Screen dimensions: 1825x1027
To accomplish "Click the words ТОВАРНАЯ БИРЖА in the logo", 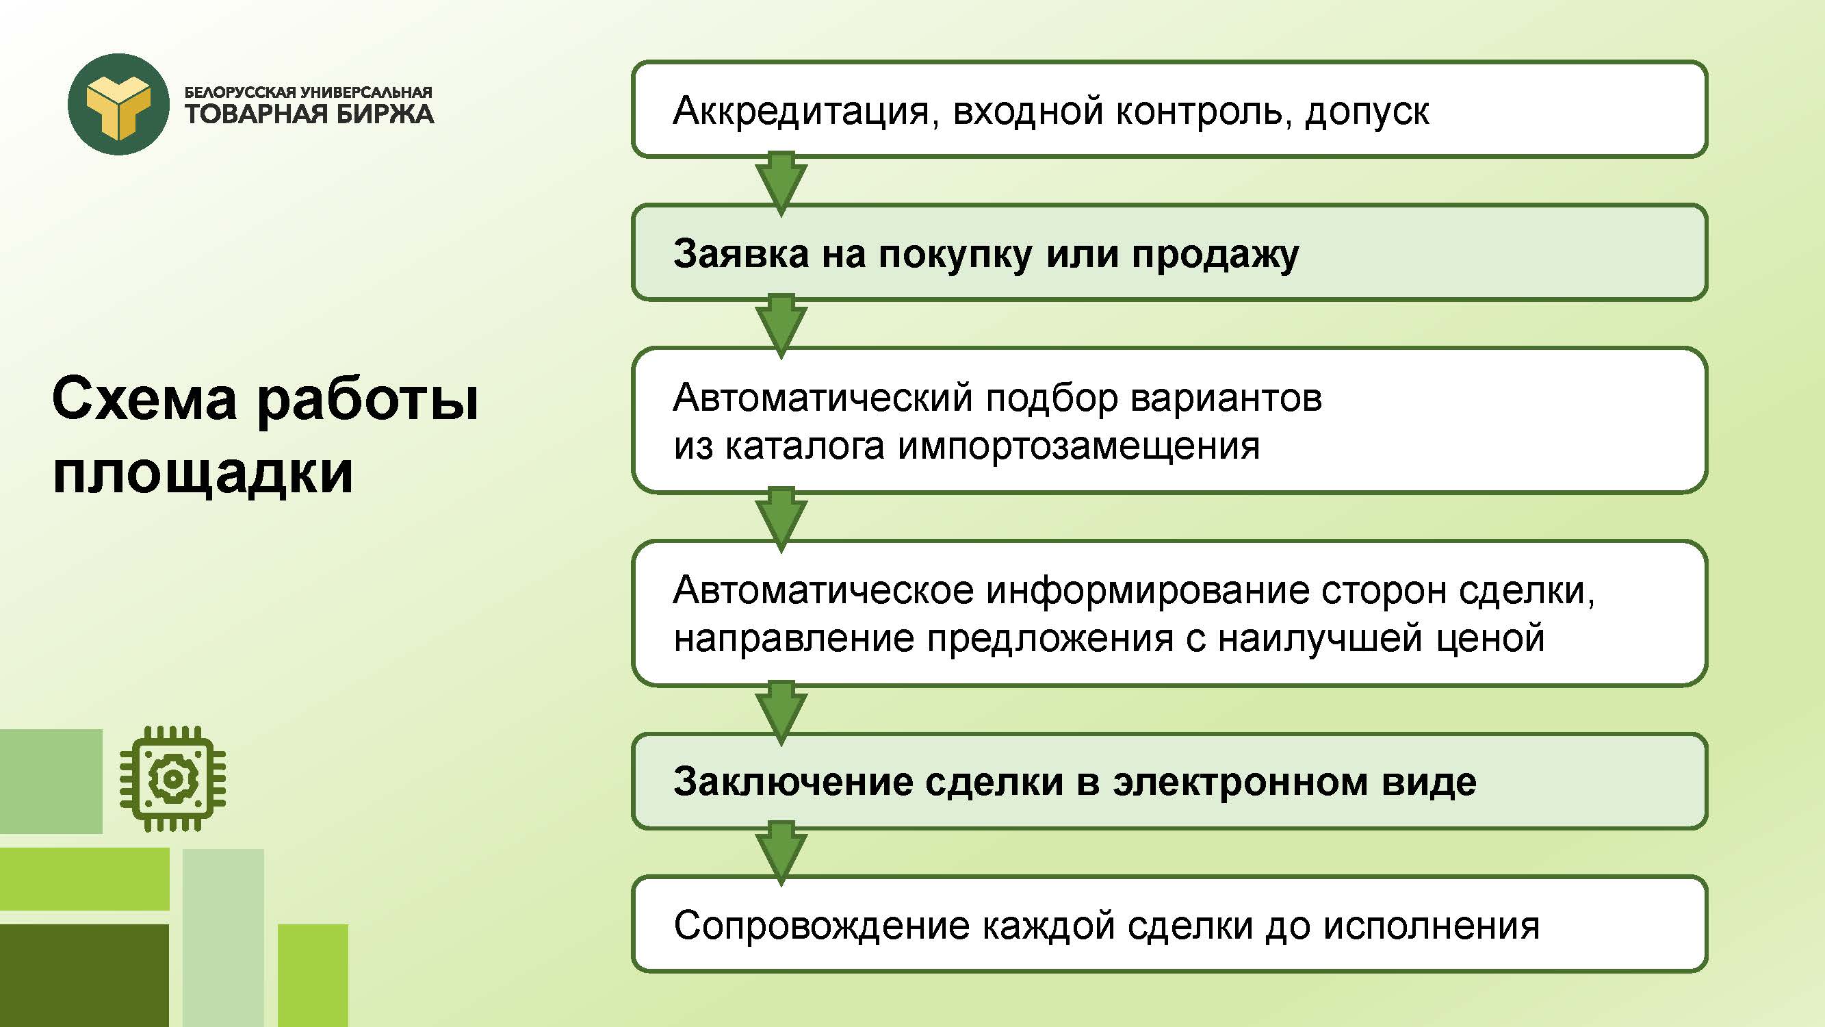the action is [x=309, y=114].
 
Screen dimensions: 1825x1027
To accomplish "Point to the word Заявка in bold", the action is [x=741, y=254].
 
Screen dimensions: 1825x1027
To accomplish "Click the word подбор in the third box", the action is [x=1051, y=399].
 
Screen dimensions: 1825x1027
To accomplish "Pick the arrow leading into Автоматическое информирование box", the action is [x=781, y=520].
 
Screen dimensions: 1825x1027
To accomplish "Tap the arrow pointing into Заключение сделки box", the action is [x=781, y=713].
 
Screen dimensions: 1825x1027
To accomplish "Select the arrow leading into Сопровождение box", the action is [x=781, y=854].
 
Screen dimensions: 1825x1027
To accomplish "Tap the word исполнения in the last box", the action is [x=1431, y=926].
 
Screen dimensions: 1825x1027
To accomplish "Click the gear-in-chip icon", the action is [x=172, y=778].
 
